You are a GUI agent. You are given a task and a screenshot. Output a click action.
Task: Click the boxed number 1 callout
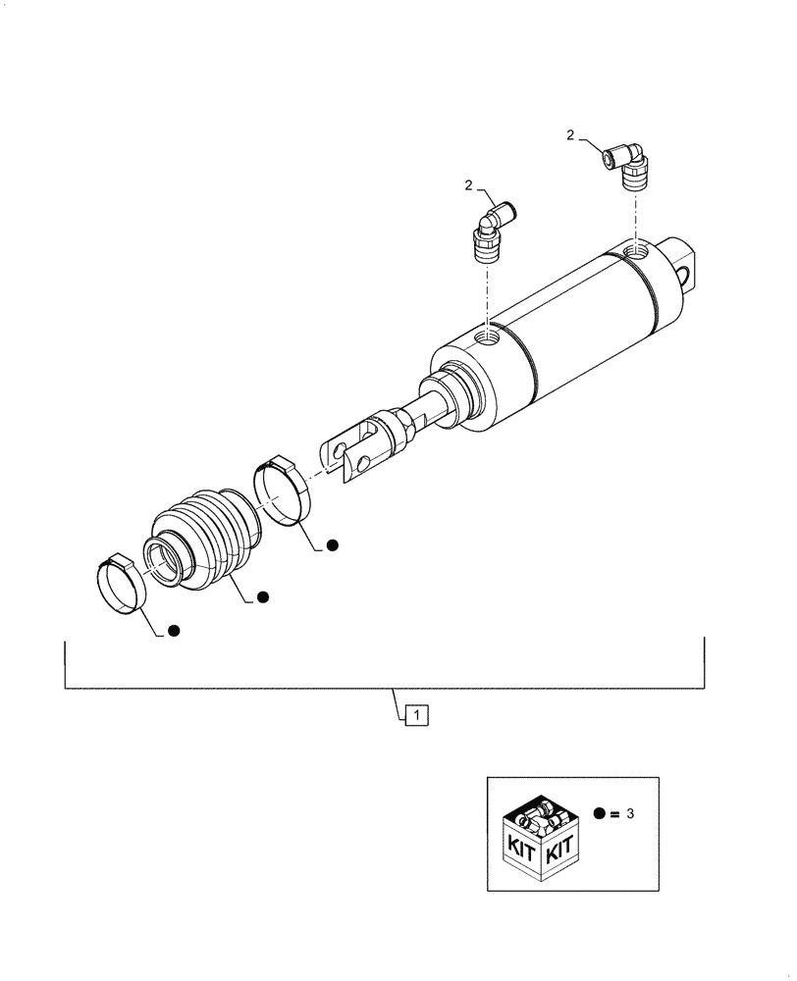pos(417,716)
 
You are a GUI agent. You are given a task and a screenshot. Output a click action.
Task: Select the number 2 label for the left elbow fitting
pos(469,184)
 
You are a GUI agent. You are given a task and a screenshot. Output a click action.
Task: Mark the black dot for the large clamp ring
pos(332,544)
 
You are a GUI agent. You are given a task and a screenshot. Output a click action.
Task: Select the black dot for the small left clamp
pos(174,631)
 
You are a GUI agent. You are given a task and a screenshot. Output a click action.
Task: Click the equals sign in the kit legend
pos(615,814)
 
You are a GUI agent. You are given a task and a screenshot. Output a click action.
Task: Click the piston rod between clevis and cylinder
pos(432,409)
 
